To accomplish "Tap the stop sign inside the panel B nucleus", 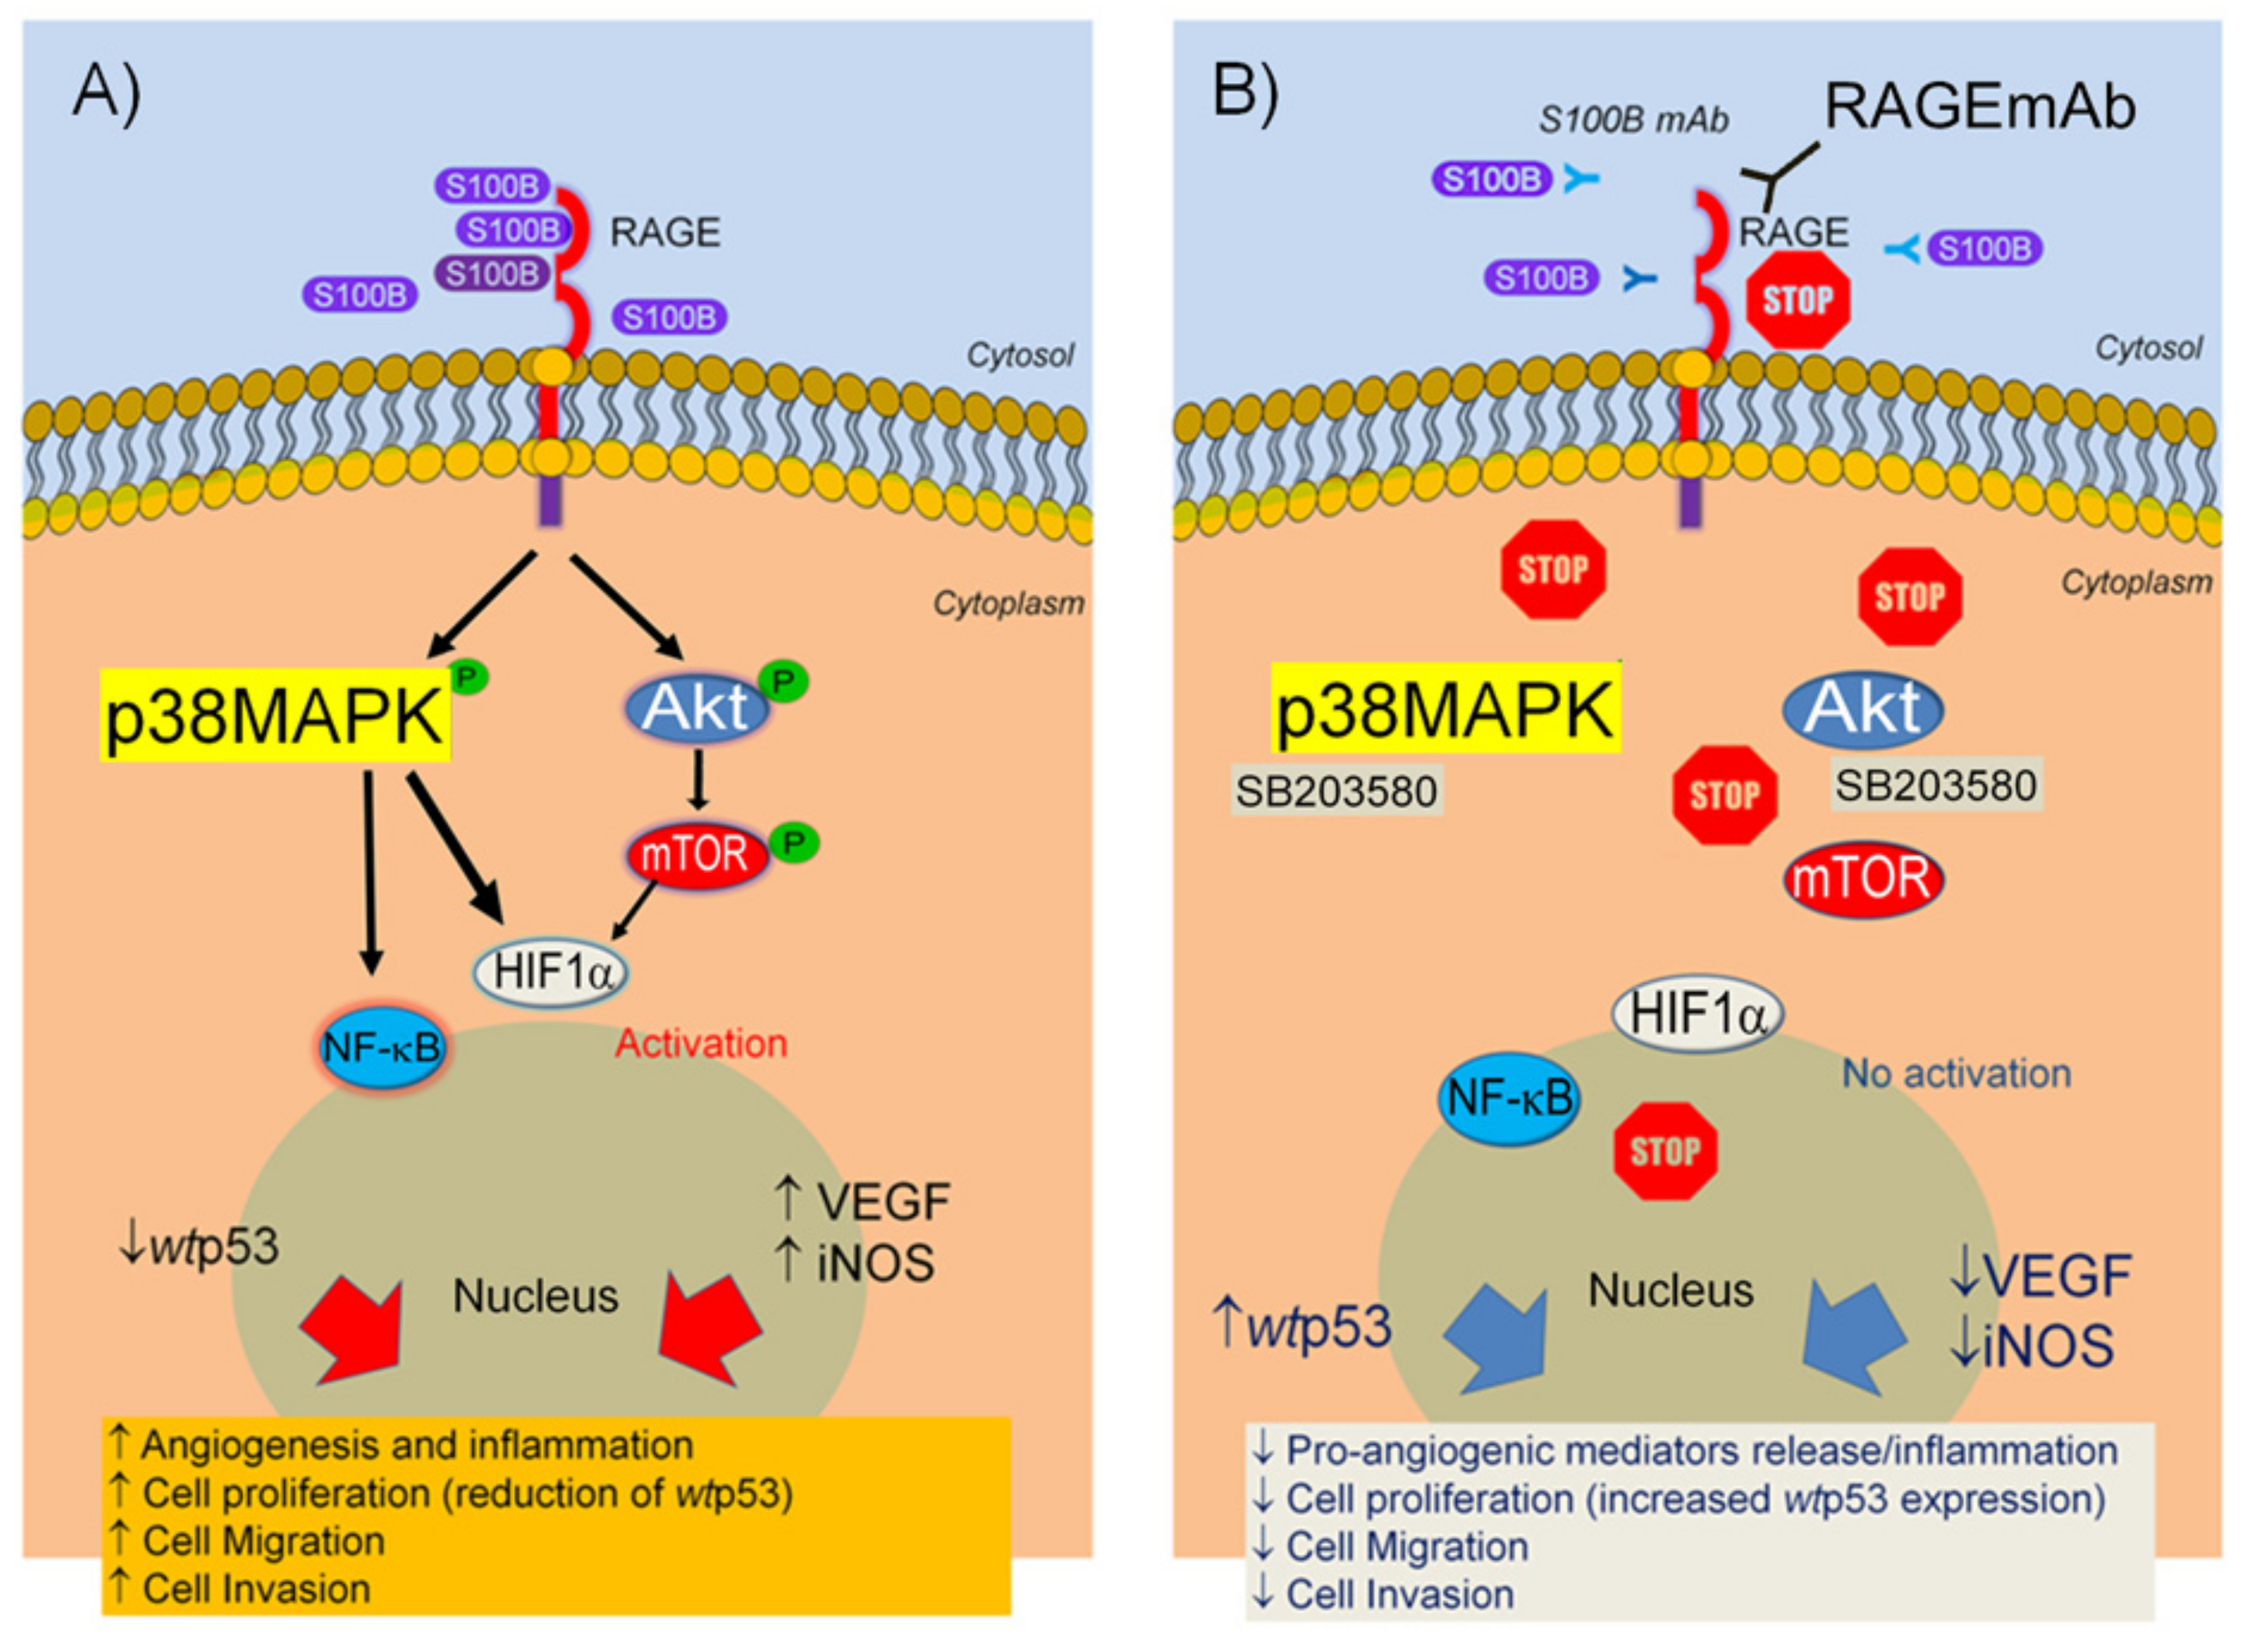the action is point(1665,1151).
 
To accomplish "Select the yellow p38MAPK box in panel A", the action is point(275,714).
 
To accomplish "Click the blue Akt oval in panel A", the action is point(696,707).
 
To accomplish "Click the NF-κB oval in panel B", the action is point(1510,1099).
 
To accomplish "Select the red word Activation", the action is point(701,1043).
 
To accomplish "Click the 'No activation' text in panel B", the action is point(1957,1074).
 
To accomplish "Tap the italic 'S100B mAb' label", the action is point(1634,120).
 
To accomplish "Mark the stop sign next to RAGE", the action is point(1798,299).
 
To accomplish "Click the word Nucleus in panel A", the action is point(536,1296).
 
